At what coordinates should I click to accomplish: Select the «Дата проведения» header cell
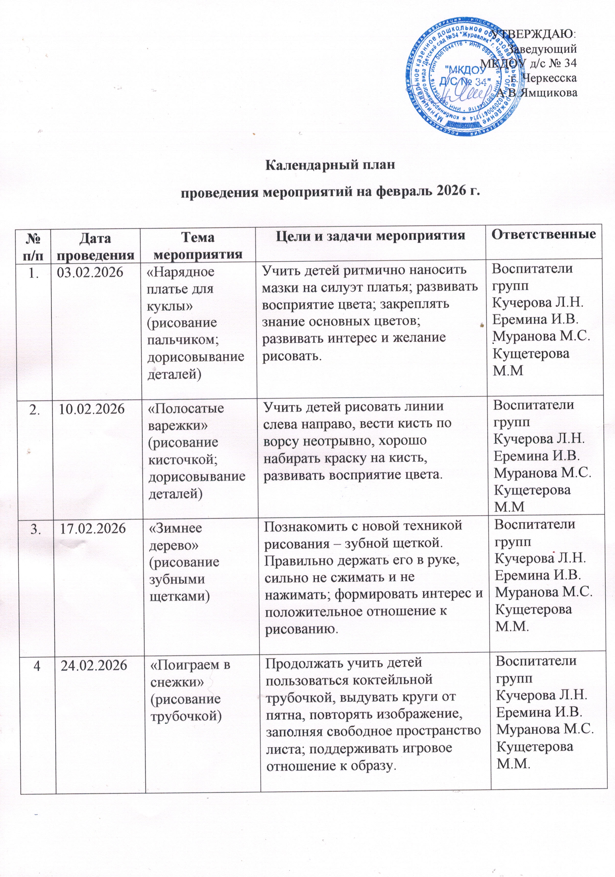coord(95,246)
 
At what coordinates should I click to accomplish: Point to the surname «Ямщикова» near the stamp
coord(550,92)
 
